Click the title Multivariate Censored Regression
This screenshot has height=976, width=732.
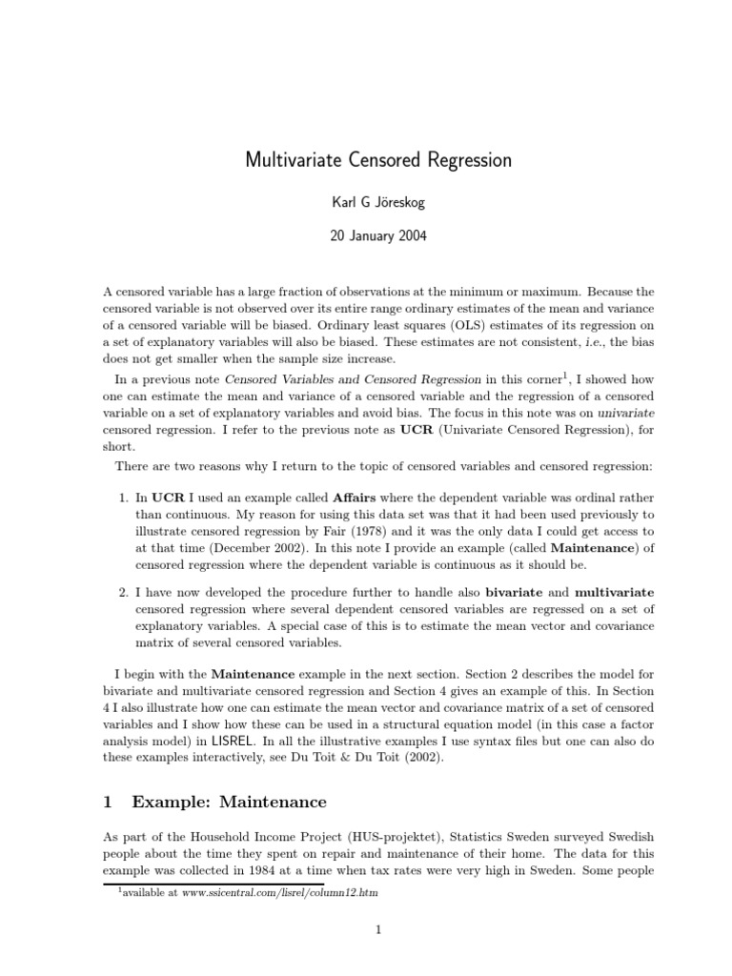378,160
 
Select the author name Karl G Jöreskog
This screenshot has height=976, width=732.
378,202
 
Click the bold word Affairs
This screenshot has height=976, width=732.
360,498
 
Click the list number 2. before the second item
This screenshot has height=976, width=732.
124,592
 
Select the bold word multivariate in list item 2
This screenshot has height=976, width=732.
615,592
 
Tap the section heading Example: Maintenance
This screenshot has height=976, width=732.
230,802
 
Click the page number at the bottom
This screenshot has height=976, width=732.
378,931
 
